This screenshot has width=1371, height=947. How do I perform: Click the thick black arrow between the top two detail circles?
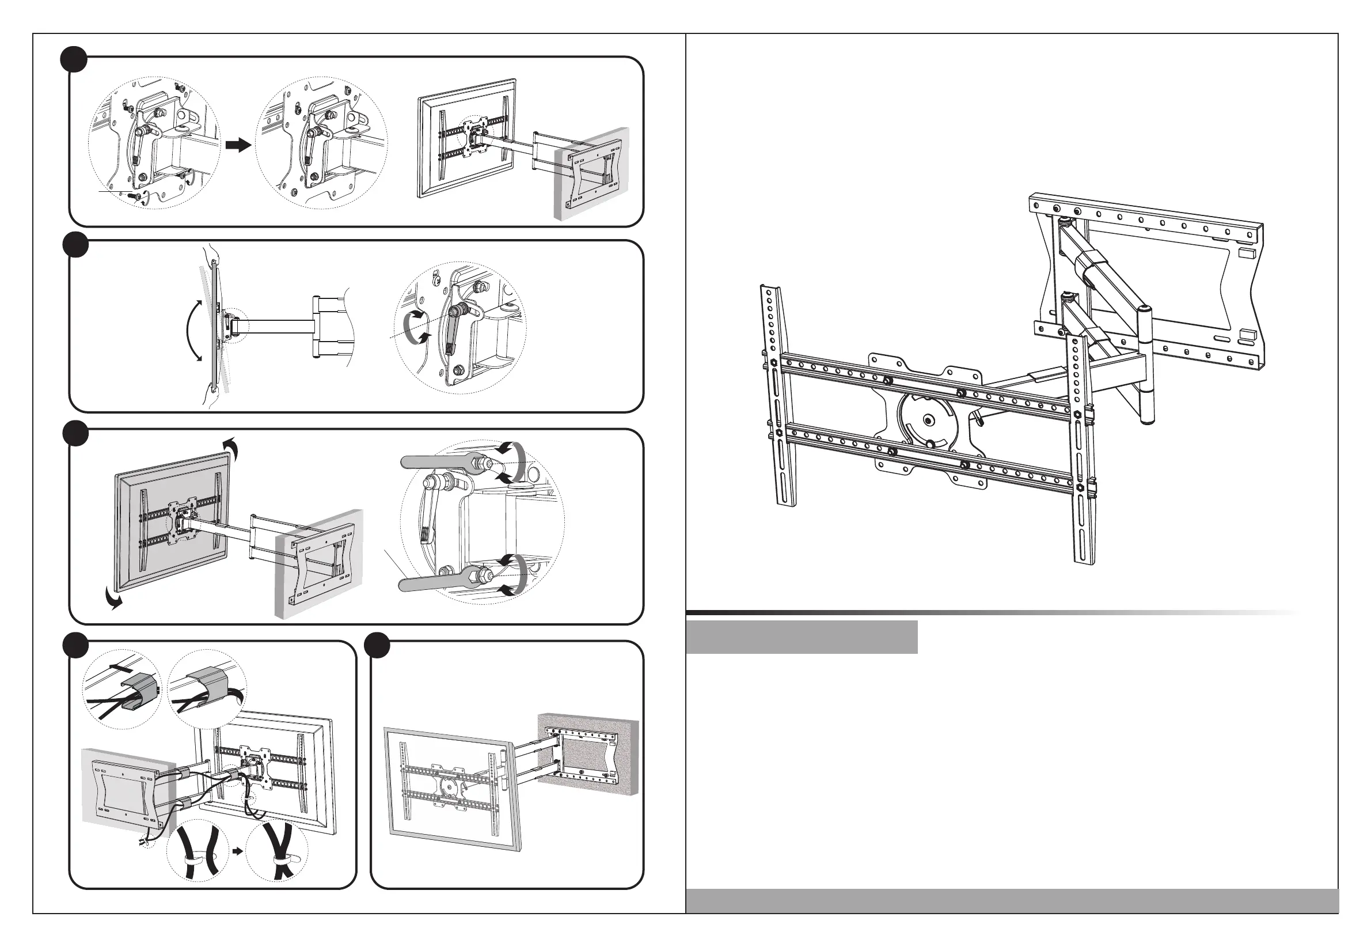click(238, 145)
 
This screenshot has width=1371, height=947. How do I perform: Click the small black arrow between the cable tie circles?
click(237, 851)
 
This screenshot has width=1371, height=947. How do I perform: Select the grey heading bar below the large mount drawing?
click(801, 637)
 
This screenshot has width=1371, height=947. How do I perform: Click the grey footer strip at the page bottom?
click(1012, 916)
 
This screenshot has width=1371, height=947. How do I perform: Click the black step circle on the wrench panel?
click(75, 433)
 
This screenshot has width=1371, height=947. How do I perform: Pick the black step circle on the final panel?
click(377, 646)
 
